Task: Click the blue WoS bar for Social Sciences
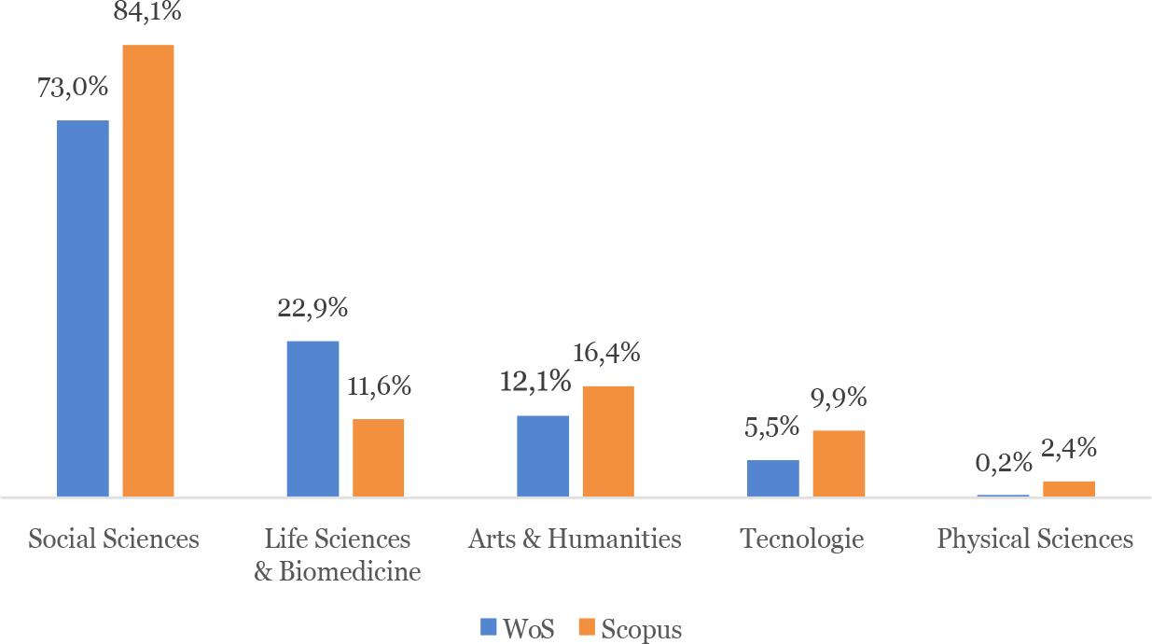pos(83,308)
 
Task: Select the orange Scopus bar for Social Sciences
pos(148,271)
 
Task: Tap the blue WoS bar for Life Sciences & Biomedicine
pos(312,418)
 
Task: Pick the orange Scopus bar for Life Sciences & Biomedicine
pos(378,457)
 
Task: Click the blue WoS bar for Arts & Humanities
pos(543,455)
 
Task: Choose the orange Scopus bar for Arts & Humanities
pos(608,441)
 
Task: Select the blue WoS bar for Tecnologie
pos(772,478)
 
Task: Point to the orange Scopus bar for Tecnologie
pos(839,463)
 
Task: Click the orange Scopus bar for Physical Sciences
pos(1068,489)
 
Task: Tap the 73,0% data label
pos(73,88)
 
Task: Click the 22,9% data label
pos(312,308)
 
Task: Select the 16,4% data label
pos(606,353)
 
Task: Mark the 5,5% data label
pos(771,427)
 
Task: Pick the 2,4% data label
pos(1068,449)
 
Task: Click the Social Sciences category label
pos(114,539)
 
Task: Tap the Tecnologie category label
pos(802,539)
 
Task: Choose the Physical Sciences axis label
pos(1034,539)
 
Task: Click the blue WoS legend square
pos(489,627)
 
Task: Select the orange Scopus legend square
pos(587,627)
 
